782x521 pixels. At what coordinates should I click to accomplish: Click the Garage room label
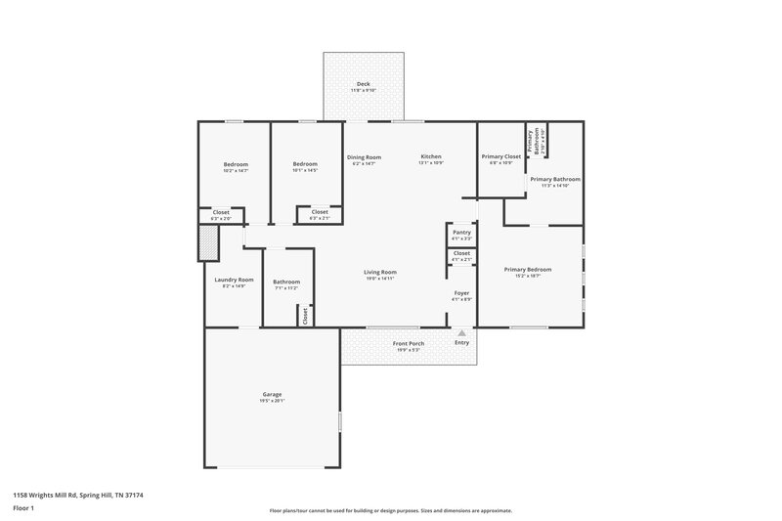pyautogui.click(x=272, y=394)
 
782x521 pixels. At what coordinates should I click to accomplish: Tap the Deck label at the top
pyautogui.click(x=364, y=84)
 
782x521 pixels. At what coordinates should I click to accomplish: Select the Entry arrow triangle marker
pyautogui.click(x=461, y=332)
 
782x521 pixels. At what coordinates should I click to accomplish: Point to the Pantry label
pyautogui.click(x=461, y=232)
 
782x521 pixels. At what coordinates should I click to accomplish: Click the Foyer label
pyautogui.click(x=461, y=292)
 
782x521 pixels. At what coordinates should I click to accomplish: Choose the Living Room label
pyautogui.click(x=379, y=272)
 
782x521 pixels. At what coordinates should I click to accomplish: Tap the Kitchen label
pyautogui.click(x=431, y=156)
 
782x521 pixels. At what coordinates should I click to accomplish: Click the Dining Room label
pyautogui.click(x=364, y=156)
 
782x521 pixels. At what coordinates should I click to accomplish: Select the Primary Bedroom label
pyautogui.click(x=528, y=269)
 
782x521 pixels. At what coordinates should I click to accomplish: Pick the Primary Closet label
pyautogui.click(x=500, y=156)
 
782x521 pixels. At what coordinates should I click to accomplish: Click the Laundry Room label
pyautogui.click(x=234, y=280)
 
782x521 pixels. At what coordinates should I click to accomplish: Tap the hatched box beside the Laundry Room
pyautogui.click(x=208, y=244)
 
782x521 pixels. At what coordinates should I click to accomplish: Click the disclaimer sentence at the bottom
pyautogui.click(x=390, y=510)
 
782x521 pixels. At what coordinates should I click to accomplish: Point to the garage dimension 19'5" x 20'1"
pyautogui.click(x=272, y=401)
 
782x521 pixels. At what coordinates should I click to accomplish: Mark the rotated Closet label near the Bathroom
pyautogui.click(x=305, y=316)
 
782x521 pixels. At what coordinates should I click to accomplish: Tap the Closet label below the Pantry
pyautogui.click(x=461, y=253)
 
